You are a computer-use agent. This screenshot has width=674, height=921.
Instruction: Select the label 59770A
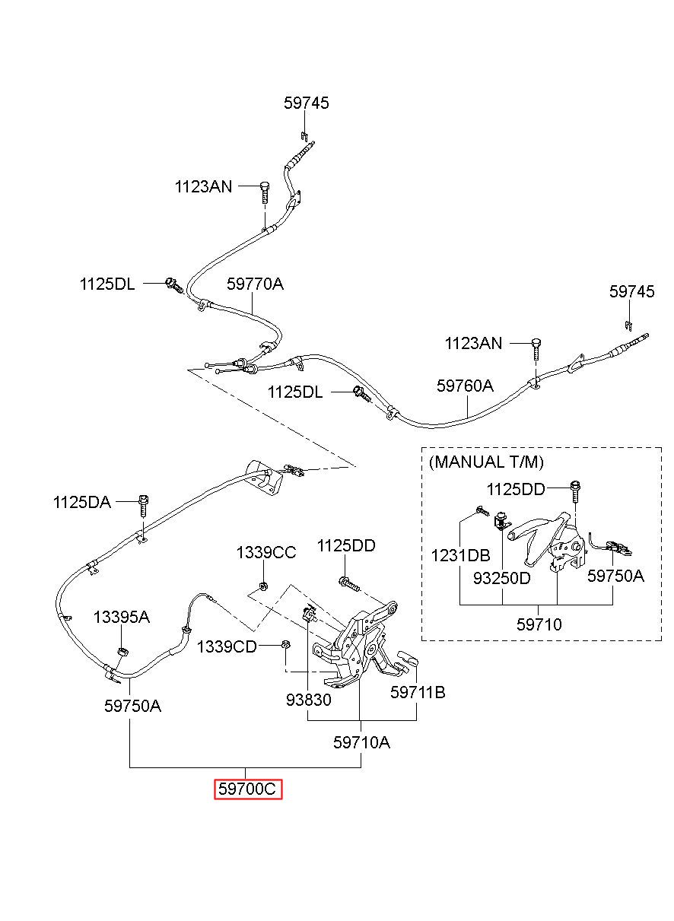tap(255, 284)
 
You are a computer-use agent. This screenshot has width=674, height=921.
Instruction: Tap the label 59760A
tap(465, 386)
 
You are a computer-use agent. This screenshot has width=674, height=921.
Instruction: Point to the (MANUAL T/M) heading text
tap(486, 462)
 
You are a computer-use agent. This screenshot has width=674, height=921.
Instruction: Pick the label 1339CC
tap(265, 553)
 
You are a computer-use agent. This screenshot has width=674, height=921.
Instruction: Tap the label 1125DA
tap(82, 502)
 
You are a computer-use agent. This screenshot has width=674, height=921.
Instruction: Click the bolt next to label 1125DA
tap(143, 507)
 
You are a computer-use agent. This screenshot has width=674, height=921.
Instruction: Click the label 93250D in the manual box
tap(501, 578)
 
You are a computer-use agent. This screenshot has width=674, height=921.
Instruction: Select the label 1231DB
tap(460, 555)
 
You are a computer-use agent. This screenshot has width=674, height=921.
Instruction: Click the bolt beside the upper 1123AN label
tap(265, 192)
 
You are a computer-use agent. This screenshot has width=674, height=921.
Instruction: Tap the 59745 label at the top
tap(307, 103)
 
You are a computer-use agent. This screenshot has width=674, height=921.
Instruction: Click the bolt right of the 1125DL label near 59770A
tap(174, 284)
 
